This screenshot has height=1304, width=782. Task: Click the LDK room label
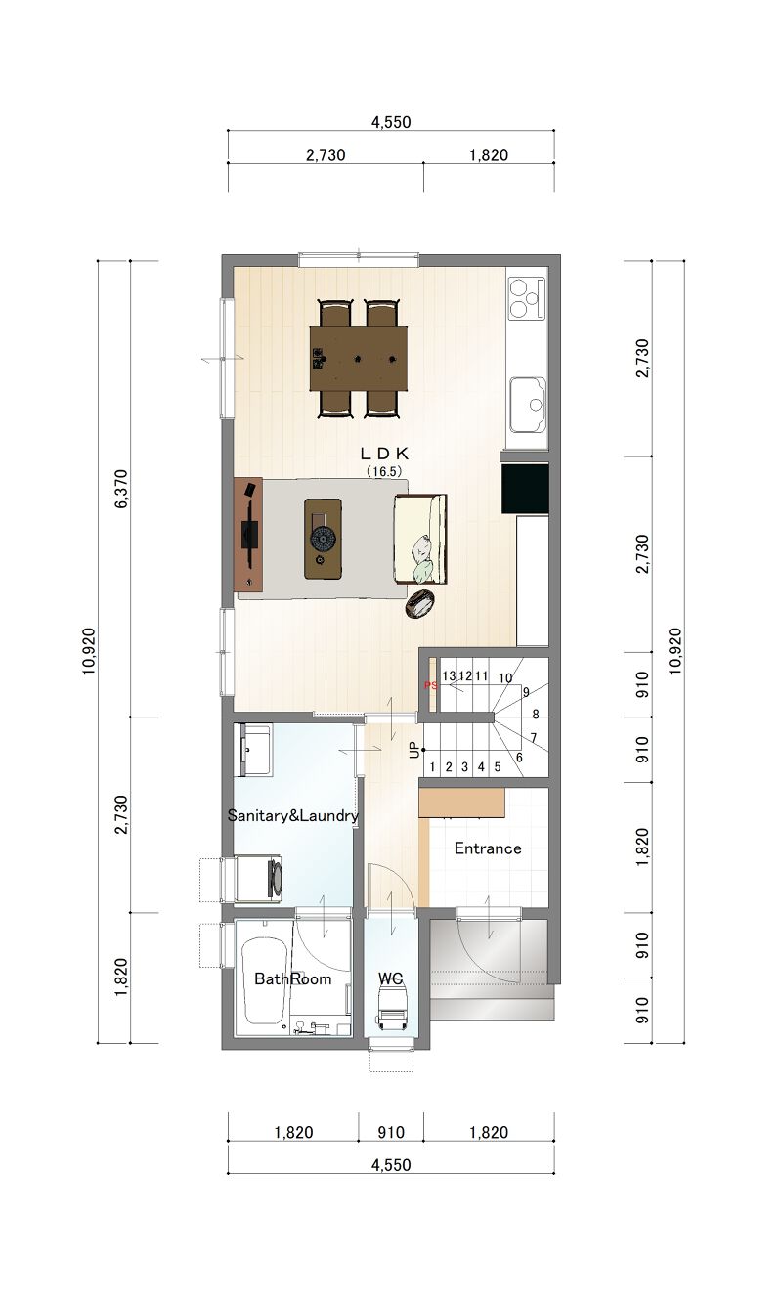[x=385, y=453]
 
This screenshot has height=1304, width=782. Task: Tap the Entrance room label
[x=488, y=848]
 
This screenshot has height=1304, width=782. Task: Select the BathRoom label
[x=293, y=978]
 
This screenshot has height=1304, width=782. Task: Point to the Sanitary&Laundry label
[x=293, y=815]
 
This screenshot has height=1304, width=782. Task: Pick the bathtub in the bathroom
[x=263, y=980]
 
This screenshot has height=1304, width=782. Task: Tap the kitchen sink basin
[x=528, y=405]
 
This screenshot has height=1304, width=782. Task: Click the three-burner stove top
[x=527, y=298]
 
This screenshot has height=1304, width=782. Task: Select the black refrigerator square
[x=525, y=489]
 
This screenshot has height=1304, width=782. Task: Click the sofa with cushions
[x=420, y=539]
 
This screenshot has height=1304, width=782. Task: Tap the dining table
[x=359, y=358]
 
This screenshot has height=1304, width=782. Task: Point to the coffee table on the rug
[x=323, y=539]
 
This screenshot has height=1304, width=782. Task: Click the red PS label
[x=431, y=685]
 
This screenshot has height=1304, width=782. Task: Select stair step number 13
[x=449, y=675]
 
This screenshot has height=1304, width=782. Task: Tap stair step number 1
[x=432, y=767]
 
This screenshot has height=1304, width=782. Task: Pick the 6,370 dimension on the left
[x=121, y=489]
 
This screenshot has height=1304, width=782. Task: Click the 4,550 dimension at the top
[x=391, y=122]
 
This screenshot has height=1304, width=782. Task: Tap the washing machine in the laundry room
[x=259, y=878]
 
